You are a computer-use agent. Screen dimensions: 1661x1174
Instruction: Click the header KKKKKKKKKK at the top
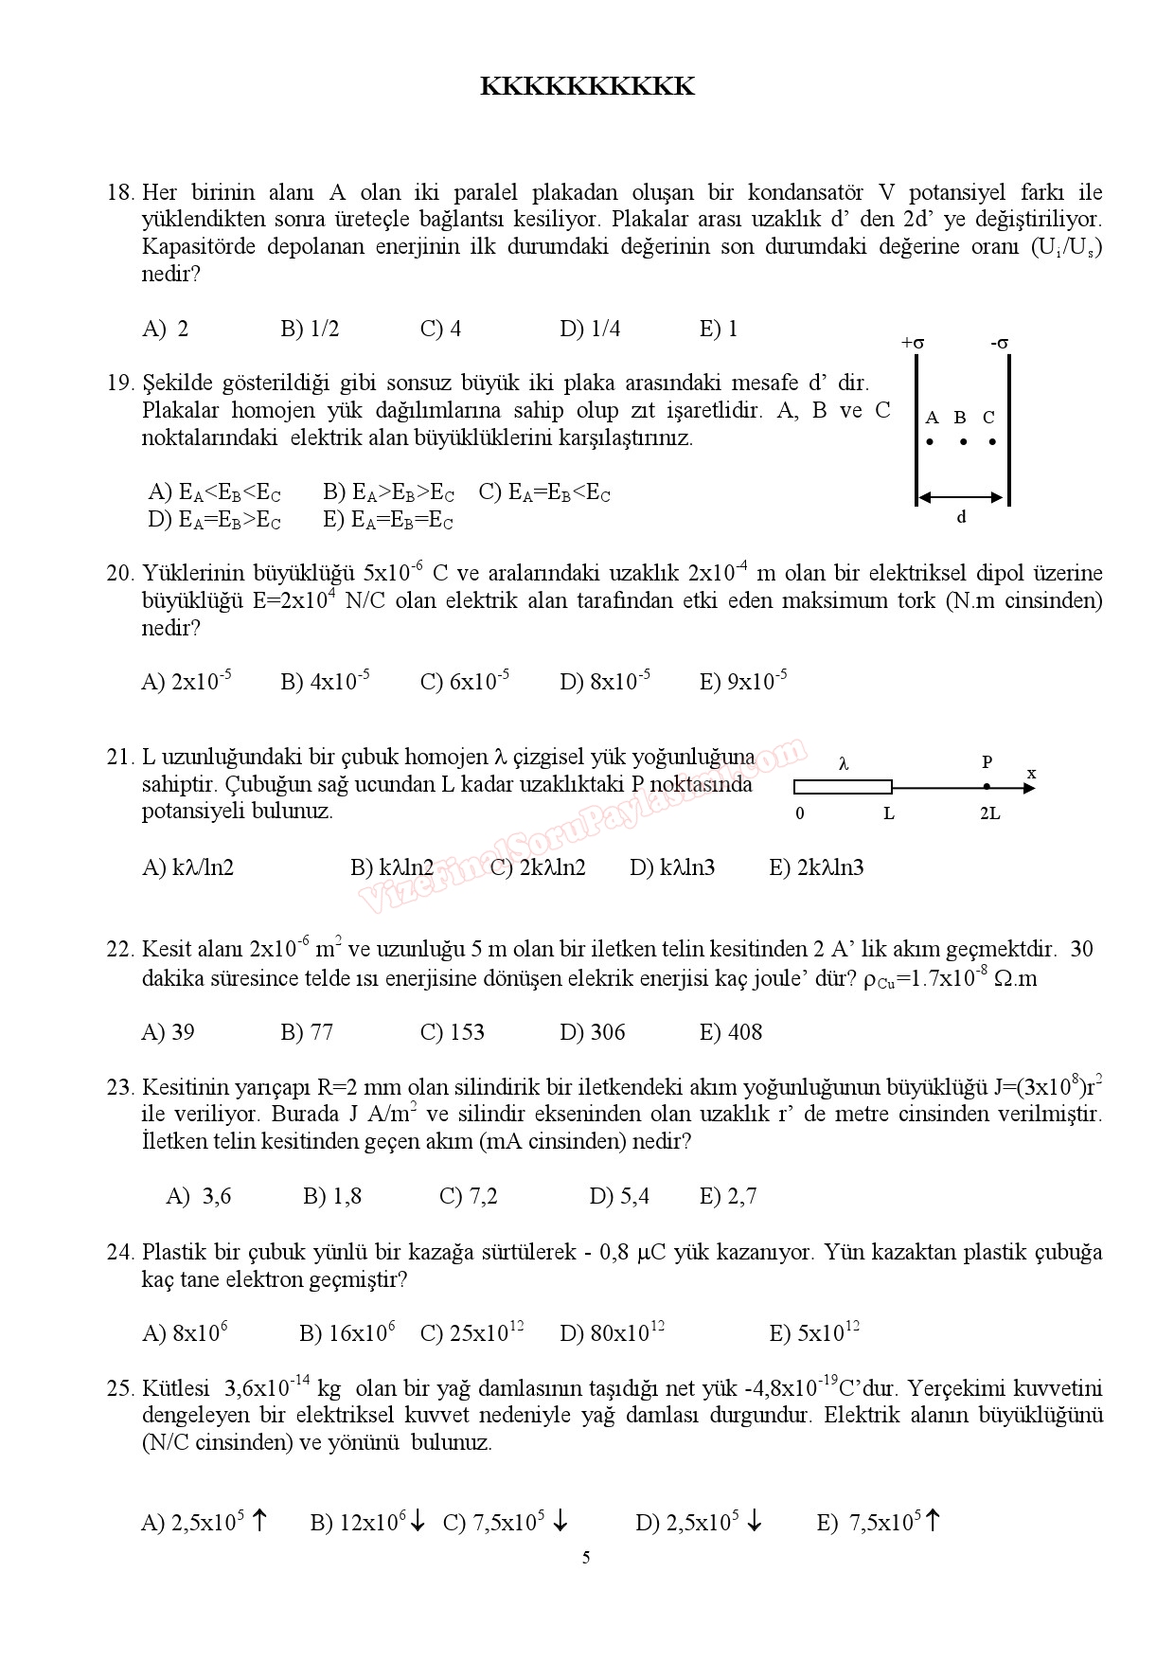pyautogui.click(x=587, y=87)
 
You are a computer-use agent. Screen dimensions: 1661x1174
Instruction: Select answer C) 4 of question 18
pyautogui.click(x=440, y=330)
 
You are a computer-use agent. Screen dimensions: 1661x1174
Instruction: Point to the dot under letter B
pyautogui.click(x=961, y=441)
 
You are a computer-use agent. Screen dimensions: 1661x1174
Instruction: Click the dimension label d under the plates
pyautogui.click(x=961, y=517)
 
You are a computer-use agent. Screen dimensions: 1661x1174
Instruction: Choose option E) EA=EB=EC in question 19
pyautogui.click(x=387, y=520)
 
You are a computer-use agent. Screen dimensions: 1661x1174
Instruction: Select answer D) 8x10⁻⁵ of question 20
pyautogui.click(x=605, y=681)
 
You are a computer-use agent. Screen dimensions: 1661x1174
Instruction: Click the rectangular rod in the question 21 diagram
pyautogui.click(x=843, y=786)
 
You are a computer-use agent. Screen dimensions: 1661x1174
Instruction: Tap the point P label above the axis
pyautogui.click(x=987, y=762)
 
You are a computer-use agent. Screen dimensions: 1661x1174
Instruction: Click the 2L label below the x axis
pyautogui.click(x=989, y=813)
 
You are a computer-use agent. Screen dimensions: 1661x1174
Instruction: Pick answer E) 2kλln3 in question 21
pyautogui.click(x=816, y=867)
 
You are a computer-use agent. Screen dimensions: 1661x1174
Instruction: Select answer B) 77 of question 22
pyautogui.click(x=307, y=1032)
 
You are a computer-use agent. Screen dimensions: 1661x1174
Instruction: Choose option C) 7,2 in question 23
pyautogui.click(x=469, y=1197)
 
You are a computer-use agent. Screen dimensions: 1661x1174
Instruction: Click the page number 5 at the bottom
pyautogui.click(x=586, y=1559)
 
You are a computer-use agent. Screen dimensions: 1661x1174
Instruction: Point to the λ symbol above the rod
pyautogui.click(x=844, y=763)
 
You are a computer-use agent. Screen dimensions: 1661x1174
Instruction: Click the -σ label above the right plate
pyautogui.click(x=999, y=343)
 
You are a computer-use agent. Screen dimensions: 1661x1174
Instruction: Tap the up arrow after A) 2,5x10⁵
pyautogui.click(x=259, y=1522)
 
